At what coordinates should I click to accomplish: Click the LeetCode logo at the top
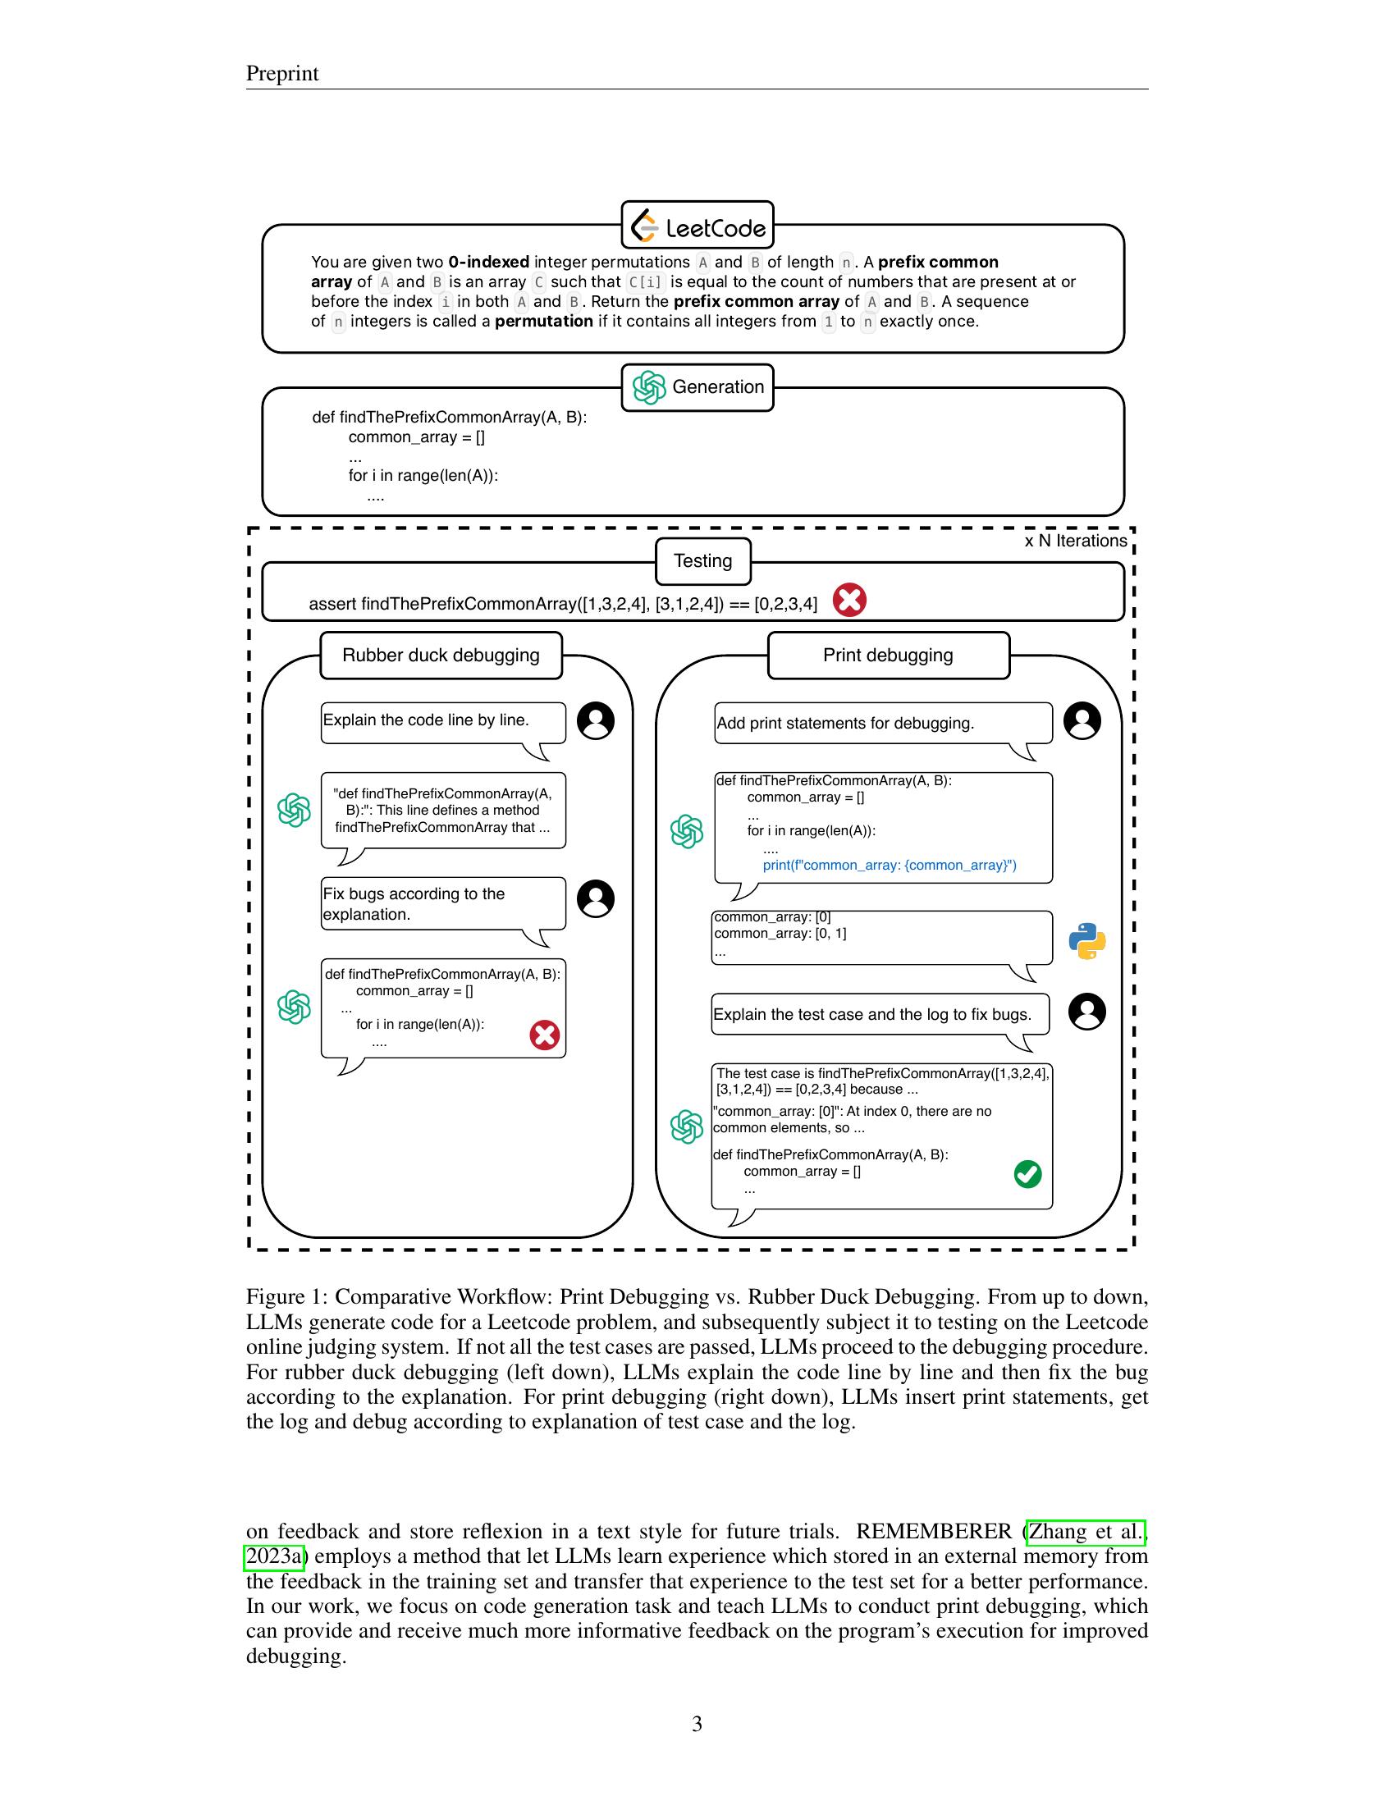click(x=697, y=226)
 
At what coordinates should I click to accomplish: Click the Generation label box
click(x=697, y=386)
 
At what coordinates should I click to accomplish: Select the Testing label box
click(x=702, y=561)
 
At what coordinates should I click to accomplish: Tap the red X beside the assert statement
click(x=848, y=600)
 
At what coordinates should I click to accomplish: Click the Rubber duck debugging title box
click(x=441, y=656)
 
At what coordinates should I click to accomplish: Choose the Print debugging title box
click(x=889, y=656)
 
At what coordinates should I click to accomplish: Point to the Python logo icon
click(x=1086, y=940)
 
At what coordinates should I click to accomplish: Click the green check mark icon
click(x=1027, y=1174)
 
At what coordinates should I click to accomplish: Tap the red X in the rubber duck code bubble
click(x=545, y=1035)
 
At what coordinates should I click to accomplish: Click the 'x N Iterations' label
click(x=1075, y=541)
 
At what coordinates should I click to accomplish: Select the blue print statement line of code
click(x=890, y=866)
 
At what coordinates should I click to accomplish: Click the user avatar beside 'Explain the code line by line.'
click(x=596, y=720)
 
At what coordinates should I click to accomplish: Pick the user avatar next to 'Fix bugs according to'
click(x=596, y=898)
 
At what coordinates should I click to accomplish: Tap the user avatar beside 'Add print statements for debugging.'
click(x=1082, y=720)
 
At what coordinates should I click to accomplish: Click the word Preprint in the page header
click(x=281, y=74)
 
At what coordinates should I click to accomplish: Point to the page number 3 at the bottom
click(x=697, y=1724)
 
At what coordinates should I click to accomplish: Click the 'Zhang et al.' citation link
click(x=1085, y=1532)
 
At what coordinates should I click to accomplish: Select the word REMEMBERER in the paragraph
click(x=933, y=1532)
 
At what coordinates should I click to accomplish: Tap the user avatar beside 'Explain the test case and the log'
click(x=1086, y=1012)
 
